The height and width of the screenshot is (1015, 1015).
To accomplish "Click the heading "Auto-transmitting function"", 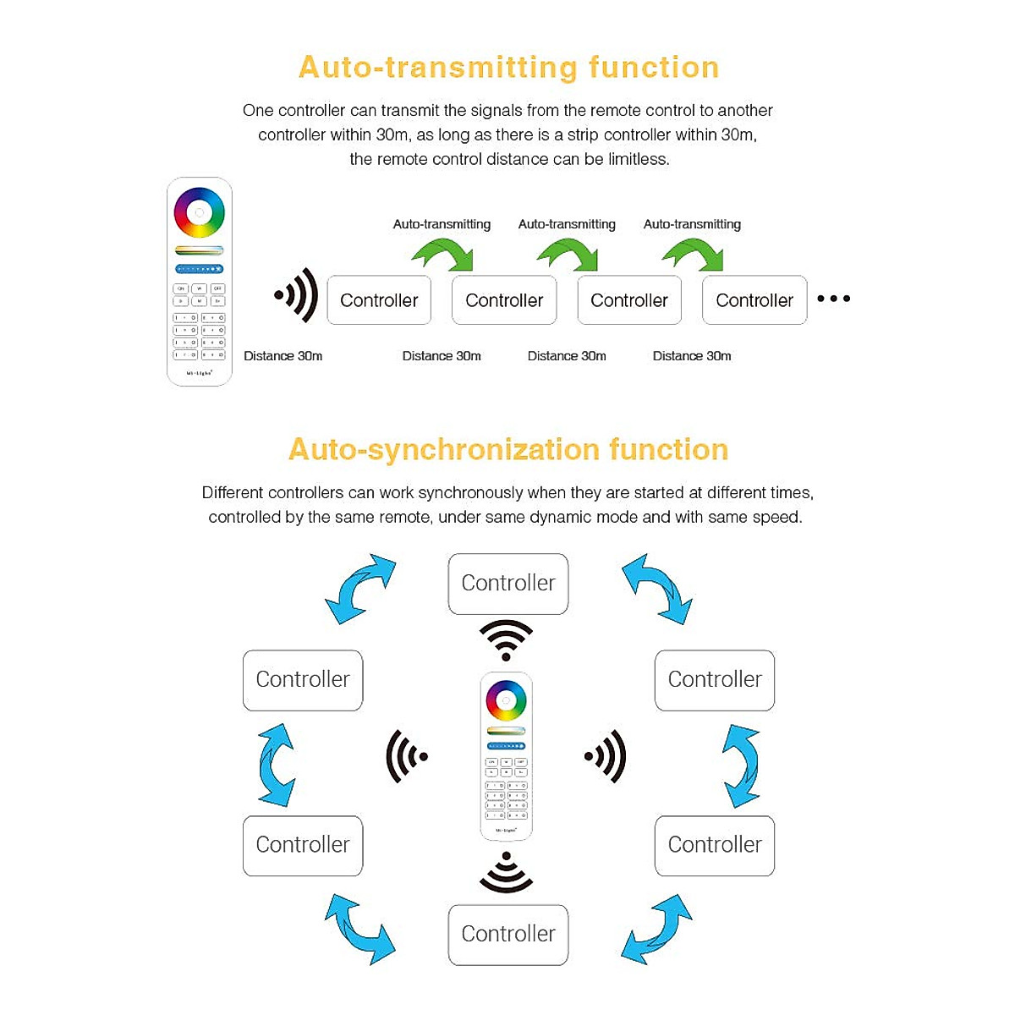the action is coord(508,67).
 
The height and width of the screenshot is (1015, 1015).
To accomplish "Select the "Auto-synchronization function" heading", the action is coord(508,449).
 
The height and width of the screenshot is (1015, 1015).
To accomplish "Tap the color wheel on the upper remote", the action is coord(200,212).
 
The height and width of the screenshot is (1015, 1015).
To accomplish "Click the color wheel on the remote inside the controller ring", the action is coord(506,700).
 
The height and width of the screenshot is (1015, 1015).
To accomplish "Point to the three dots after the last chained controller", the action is coord(833,299).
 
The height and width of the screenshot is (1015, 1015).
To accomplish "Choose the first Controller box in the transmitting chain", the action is coord(379,300).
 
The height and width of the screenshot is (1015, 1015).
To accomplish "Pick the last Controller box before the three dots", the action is coord(754,300).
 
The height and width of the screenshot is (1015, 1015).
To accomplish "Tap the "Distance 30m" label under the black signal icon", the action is coord(283,356).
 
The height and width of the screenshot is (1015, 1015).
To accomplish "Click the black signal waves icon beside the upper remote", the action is coord(296,295).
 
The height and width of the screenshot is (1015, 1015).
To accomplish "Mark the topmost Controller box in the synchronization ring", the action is coord(508,584).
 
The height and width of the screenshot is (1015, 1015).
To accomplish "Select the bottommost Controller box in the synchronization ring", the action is coord(508,934).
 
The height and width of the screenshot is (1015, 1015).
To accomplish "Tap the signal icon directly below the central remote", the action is coord(506,873).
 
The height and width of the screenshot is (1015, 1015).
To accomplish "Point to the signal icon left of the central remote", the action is coord(406,756).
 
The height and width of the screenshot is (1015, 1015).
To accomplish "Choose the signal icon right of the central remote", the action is coord(606,756).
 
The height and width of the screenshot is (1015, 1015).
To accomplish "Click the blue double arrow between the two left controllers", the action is coord(277,765).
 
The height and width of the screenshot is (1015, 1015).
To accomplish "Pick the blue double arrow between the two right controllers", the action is coord(741,765).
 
